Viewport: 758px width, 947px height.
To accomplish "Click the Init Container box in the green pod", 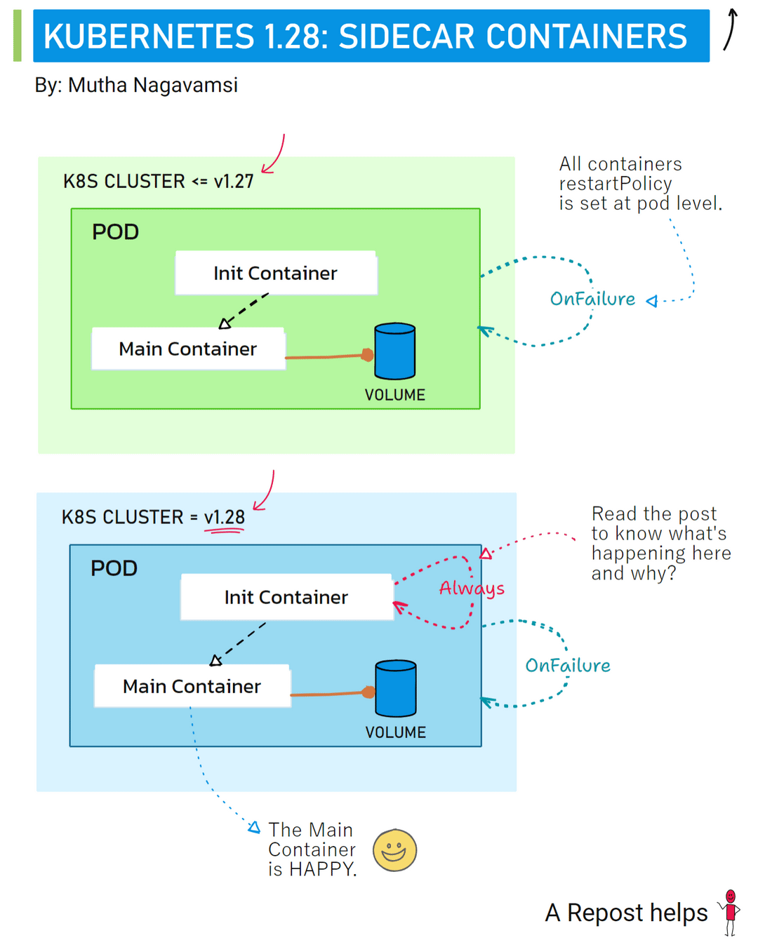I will click(x=276, y=273).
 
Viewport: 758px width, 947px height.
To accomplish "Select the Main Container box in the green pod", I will click(x=188, y=349).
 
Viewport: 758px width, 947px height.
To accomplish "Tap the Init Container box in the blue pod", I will click(x=286, y=597).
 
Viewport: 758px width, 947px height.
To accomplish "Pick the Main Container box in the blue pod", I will click(x=192, y=686).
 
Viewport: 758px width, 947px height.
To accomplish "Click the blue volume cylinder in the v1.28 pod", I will click(x=396, y=688).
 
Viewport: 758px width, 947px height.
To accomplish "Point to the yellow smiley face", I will click(x=394, y=850).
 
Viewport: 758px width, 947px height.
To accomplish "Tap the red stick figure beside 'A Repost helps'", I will click(x=731, y=911).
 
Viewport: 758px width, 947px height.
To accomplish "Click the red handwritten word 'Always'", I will click(x=472, y=588).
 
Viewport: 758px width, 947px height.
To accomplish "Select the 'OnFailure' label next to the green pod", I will click(x=592, y=299).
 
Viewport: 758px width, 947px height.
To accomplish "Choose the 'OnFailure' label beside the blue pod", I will click(x=568, y=666).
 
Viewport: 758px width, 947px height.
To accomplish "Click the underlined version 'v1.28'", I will click(x=225, y=518).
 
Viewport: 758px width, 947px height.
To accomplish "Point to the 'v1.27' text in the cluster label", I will click(x=234, y=182).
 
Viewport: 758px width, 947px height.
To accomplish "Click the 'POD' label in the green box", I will click(x=116, y=232).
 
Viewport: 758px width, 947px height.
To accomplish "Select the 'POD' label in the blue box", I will click(x=114, y=568).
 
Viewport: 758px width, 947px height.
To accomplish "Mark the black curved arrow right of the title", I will click(x=731, y=29).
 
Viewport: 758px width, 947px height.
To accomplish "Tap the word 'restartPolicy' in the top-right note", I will click(x=616, y=184).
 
